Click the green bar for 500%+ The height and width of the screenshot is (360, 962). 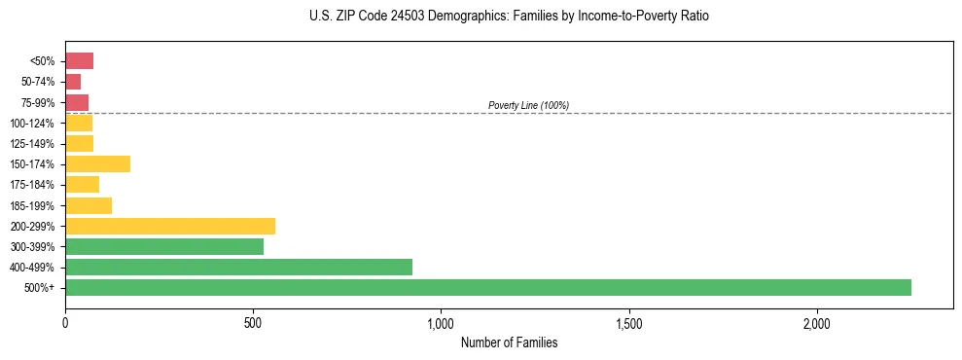point(487,287)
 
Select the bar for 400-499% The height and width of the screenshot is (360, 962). point(238,267)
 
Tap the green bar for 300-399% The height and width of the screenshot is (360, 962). point(163,246)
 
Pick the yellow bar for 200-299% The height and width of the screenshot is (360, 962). point(169,226)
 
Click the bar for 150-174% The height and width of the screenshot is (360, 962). point(97,163)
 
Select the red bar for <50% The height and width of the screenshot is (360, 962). point(79,61)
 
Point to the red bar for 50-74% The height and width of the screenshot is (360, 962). point(73,82)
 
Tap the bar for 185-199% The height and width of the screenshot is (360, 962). point(89,205)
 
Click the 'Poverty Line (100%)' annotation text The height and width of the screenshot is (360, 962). point(528,105)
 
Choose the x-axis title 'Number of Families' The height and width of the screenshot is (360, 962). point(509,342)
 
